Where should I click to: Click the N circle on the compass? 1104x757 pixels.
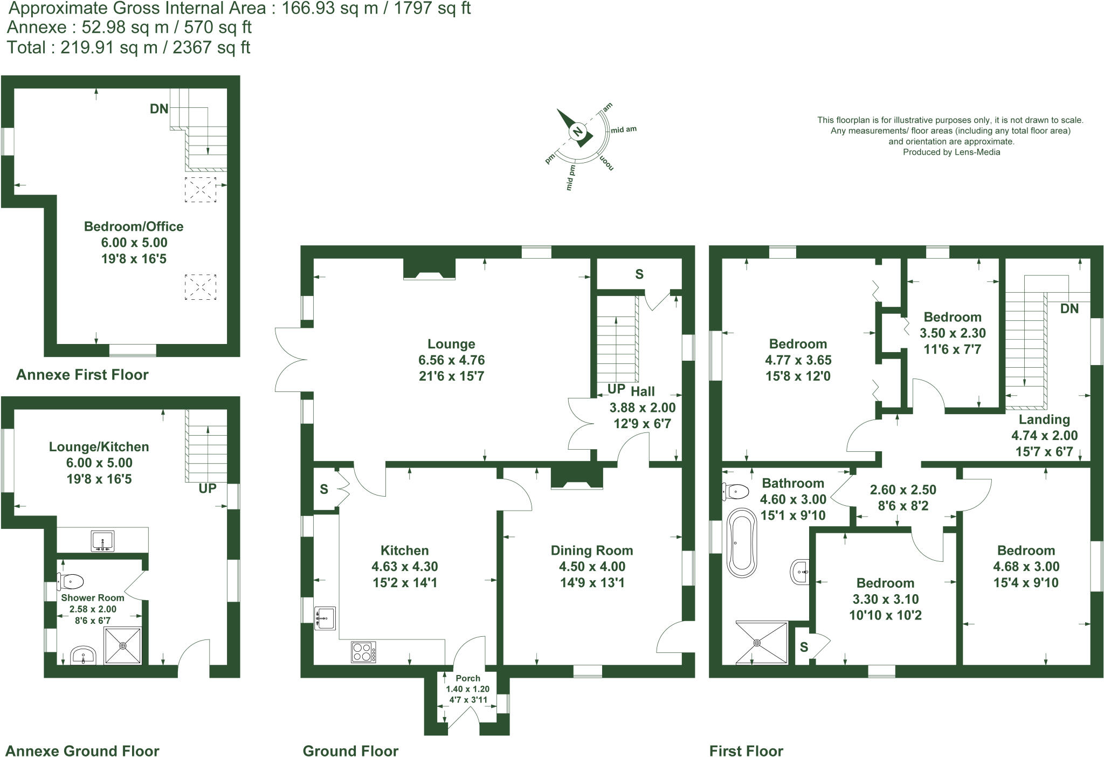577,132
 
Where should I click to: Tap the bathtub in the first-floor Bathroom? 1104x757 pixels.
742,543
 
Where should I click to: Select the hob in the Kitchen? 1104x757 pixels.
363,651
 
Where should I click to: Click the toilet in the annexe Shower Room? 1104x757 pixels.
71,581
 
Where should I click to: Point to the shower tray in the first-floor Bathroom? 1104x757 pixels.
761,643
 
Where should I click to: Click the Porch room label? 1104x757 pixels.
467,678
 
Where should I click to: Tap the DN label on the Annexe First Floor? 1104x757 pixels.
159,109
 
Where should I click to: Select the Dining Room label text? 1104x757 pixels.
591,550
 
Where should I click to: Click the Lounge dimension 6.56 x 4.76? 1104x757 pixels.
451,360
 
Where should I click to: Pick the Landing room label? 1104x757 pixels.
1044,419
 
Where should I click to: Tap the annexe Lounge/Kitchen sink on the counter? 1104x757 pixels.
102,541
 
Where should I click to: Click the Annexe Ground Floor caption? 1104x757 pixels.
82,751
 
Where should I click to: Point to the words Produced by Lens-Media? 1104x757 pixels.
951,152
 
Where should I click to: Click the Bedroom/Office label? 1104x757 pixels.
134,226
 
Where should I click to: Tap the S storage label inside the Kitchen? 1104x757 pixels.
323,489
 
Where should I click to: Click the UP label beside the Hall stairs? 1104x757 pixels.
616,389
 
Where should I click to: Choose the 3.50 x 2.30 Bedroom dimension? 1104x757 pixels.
952,333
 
